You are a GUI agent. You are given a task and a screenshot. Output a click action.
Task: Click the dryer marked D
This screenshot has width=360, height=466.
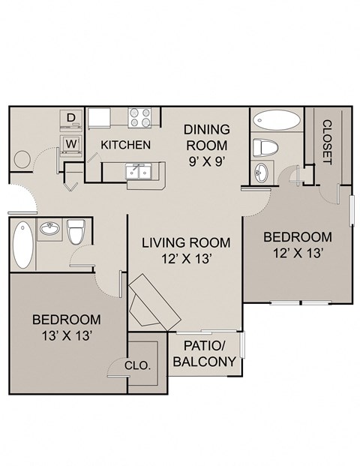coord(70,118)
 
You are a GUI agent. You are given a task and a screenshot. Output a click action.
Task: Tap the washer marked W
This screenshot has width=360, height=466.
coord(70,143)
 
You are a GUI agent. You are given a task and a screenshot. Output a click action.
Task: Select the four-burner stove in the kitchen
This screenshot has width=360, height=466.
coord(139,118)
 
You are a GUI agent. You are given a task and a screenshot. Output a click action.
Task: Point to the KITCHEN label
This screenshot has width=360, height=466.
coord(126,145)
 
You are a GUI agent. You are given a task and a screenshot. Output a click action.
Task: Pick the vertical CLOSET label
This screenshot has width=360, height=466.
coord(327,141)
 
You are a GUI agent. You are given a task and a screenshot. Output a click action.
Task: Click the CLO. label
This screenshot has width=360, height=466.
coord(140,366)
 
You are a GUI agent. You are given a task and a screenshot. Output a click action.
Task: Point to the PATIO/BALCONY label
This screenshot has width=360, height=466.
coord(204,353)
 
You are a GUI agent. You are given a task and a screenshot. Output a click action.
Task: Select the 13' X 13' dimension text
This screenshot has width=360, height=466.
coord(66,335)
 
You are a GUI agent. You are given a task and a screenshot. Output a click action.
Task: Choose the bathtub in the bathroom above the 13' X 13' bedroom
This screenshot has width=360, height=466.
coord(22,245)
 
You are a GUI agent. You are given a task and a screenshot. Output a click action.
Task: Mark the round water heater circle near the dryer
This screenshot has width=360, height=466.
coord(20,160)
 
